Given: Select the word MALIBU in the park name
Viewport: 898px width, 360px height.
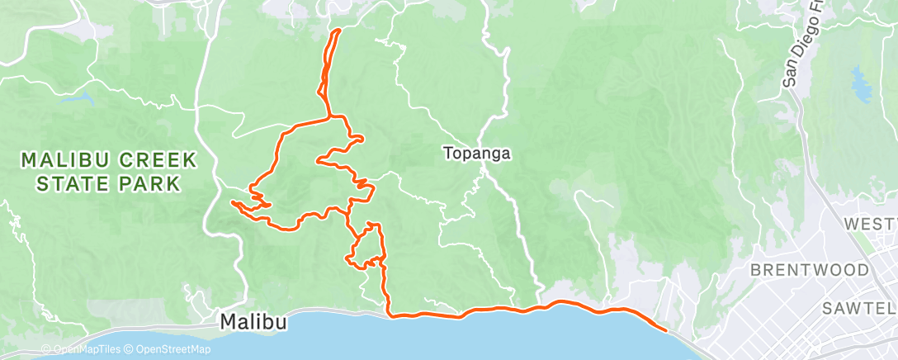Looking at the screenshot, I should (x=64, y=159).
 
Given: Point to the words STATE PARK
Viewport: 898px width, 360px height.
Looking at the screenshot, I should (x=107, y=182).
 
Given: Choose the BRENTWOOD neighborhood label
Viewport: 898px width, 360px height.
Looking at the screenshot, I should (x=809, y=270).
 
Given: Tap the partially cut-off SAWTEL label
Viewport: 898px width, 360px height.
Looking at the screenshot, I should (x=859, y=308).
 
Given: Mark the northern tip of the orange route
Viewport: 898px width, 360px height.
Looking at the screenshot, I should (x=338, y=31).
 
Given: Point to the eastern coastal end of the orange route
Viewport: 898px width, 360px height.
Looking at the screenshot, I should (x=665, y=329).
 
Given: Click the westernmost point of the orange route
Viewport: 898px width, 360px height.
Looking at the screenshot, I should (x=231, y=201).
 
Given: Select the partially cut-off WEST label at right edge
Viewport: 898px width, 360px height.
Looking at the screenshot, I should (x=870, y=224).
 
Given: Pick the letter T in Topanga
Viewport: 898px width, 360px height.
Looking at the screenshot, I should (x=448, y=153).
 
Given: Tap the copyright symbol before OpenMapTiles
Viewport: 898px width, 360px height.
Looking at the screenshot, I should (x=46, y=349).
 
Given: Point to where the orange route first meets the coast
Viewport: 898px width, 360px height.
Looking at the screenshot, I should (x=390, y=315).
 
